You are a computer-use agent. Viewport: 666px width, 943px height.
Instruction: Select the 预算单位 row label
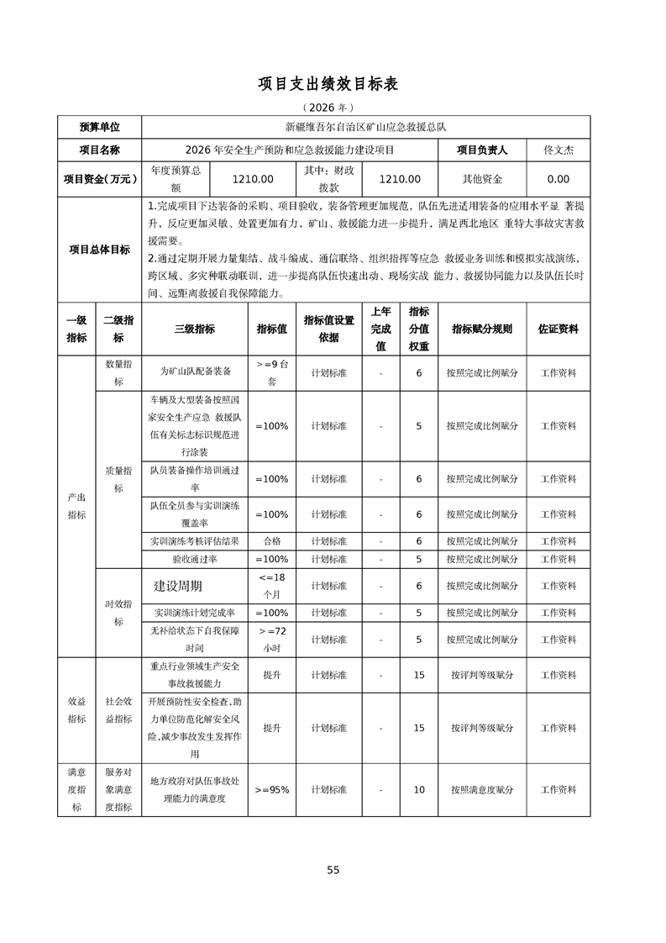click(99, 127)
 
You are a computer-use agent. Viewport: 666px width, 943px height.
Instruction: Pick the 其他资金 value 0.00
click(558, 179)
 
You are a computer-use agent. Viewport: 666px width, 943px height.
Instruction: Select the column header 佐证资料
click(558, 329)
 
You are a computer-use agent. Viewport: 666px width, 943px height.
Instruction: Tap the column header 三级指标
click(194, 329)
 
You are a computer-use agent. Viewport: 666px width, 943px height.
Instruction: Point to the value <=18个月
click(271, 585)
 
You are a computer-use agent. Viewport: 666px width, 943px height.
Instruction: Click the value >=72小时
click(271, 640)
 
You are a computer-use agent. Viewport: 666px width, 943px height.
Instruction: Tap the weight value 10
click(418, 790)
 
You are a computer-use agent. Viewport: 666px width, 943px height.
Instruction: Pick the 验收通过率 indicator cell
click(194, 559)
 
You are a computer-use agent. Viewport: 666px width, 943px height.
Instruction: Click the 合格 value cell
click(271, 541)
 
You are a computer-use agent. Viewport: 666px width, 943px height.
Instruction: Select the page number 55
click(333, 870)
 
